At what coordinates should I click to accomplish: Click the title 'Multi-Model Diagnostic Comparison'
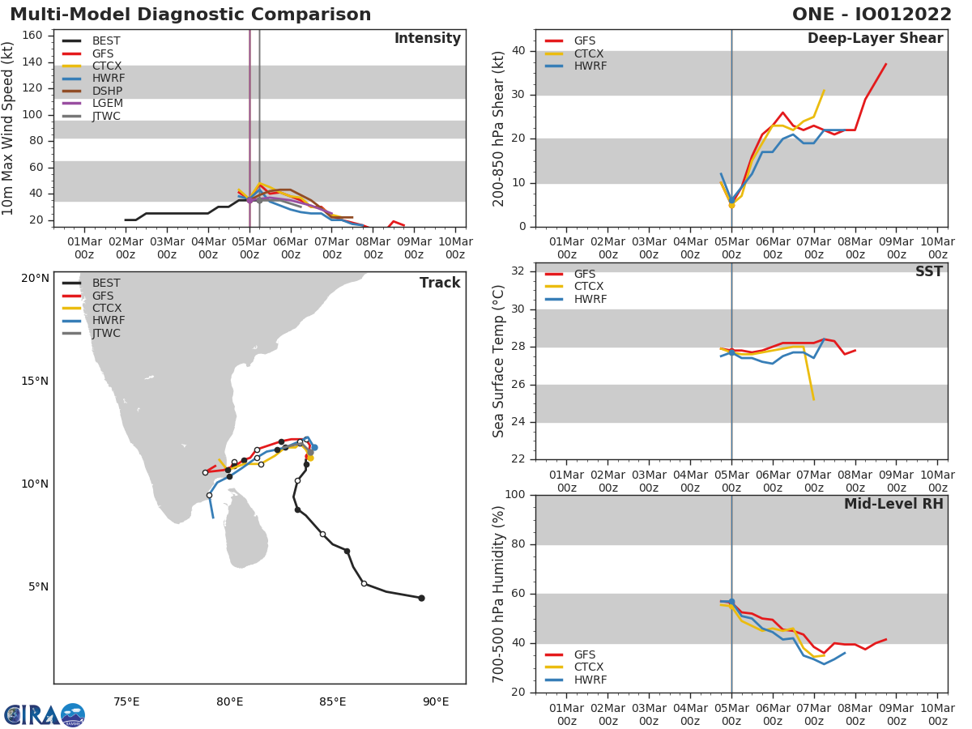click(190, 15)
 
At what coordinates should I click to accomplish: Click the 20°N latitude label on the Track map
click(35, 278)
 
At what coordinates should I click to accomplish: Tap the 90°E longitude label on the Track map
click(436, 701)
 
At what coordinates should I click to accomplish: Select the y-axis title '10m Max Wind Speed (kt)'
click(9, 128)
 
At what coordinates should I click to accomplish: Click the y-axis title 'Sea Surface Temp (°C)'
click(499, 361)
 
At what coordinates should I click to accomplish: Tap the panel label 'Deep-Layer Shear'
click(875, 39)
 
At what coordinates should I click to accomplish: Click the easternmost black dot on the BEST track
click(421, 598)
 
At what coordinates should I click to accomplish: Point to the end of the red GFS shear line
click(885, 64)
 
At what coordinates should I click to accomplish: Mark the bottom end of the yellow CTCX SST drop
click(813, 399)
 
